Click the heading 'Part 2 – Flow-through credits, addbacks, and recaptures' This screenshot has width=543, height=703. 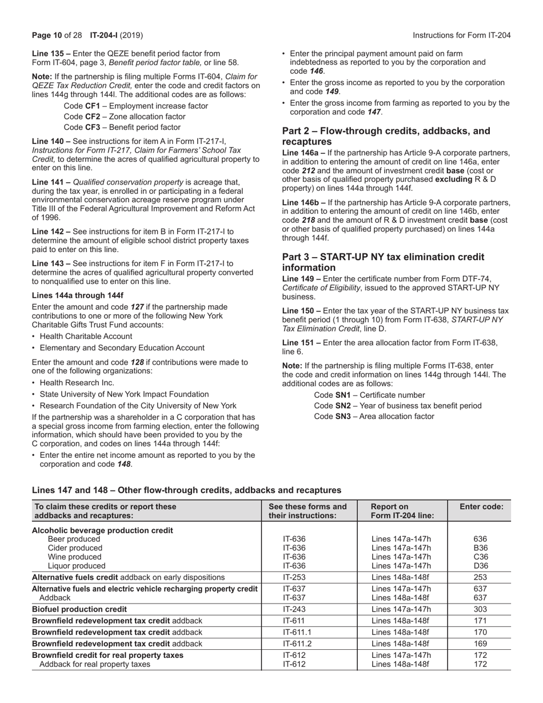pyautogui.click(x=386, y=136)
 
